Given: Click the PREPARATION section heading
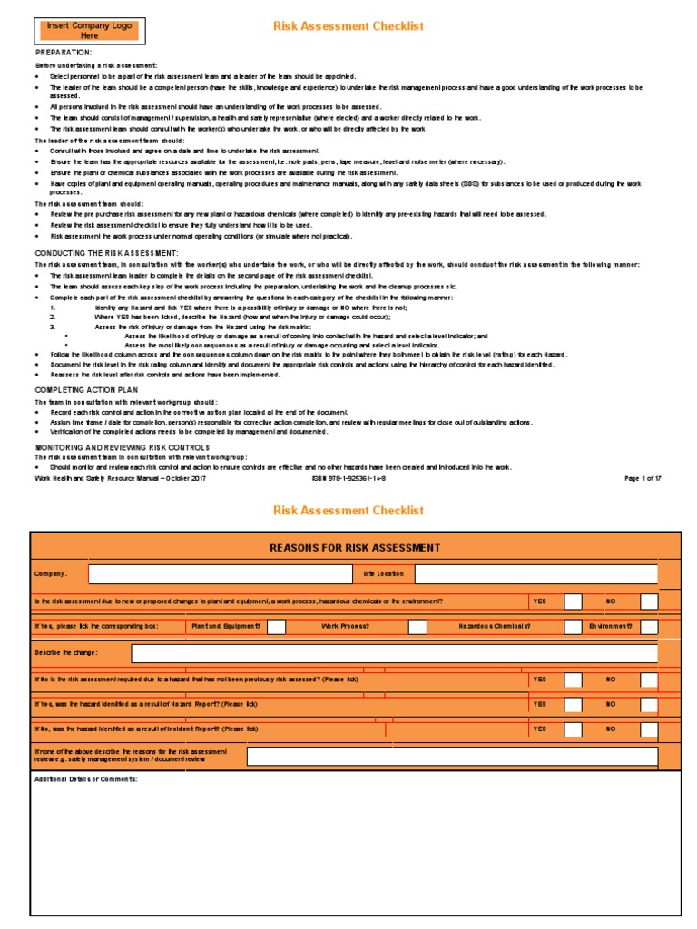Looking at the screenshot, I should pyautogui.click(x=63, y=53).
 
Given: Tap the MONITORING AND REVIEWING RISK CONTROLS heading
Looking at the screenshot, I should pyautogui.click(x=122, y=447).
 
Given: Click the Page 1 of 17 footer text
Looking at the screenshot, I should pyautogui.click(x=643, y=478).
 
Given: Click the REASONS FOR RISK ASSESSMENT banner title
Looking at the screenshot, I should pyautogui.click(x=356, y=548).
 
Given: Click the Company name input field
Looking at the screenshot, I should pyautogui.click(x=220, y=574).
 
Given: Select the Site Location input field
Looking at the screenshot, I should pyautogui.click(x=535, y=574).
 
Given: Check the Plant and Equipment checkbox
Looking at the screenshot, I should pyautogui.click(x=277, y=627).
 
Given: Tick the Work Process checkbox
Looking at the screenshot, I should pyautogui.click(x=417, y=627).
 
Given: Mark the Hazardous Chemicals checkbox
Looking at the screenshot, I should pyautogui.click(x=573, y=627).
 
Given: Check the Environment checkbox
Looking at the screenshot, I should pyautogui.click(x=649, y=627).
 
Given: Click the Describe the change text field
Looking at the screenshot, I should pyautogui.click(x=394, y=653).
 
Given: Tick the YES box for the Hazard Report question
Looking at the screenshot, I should pyautogui.click(x=573, y=704).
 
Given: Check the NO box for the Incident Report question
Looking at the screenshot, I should pyautogui.click(x=649, y=729).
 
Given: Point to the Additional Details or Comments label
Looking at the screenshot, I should pyautogui.click(x=85, y=778).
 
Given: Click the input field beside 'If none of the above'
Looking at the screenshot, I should pyautogui.click(x=452, y=756).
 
